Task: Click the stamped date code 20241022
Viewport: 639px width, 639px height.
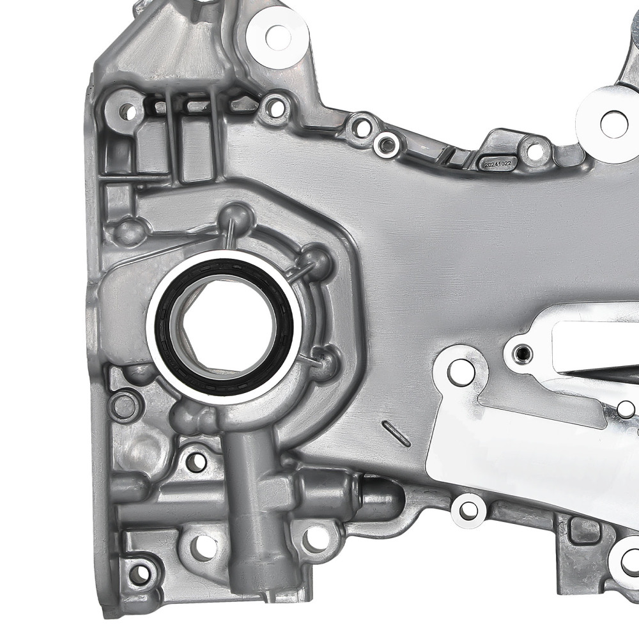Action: (498, 164)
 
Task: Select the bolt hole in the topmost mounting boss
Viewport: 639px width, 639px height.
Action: (277, 35)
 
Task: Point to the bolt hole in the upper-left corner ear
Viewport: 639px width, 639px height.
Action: (128, 112)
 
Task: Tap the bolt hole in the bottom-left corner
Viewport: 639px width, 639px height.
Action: (135, 571)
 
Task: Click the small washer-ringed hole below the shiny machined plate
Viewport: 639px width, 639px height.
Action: (469, 509)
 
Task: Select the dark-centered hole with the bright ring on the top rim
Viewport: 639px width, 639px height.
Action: (386, 145)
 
